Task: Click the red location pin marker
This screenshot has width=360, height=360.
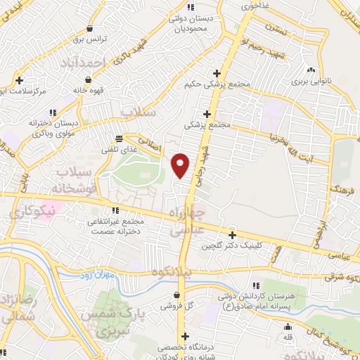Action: click(181, 165)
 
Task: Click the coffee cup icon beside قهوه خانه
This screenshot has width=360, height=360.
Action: click(75, 91)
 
